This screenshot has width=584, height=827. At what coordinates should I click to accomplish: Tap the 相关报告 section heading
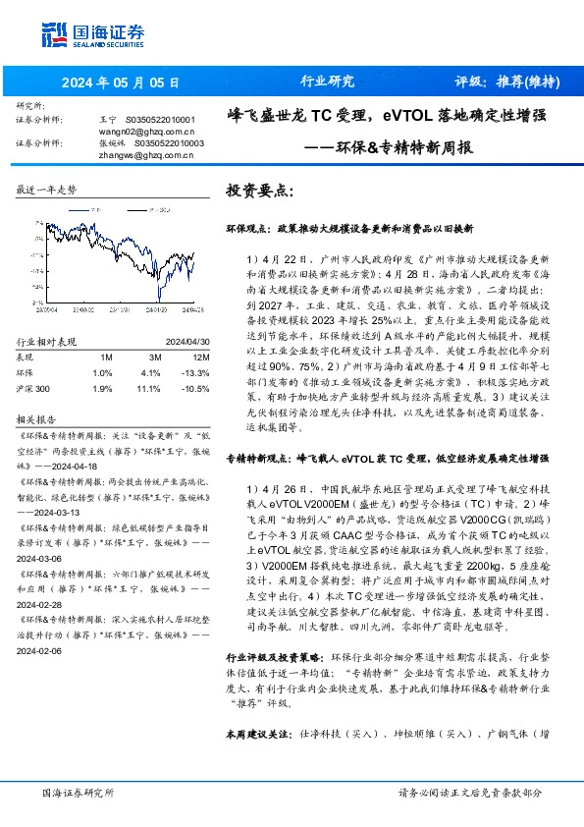[36, 415]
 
